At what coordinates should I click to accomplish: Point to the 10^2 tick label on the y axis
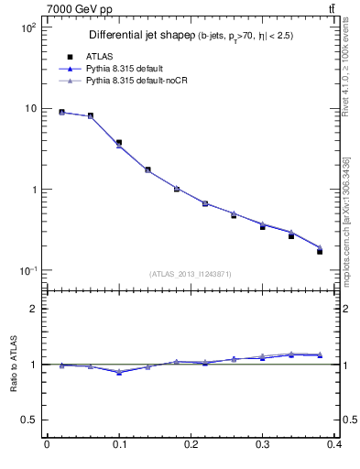[27, 27]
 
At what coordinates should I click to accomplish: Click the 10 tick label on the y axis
[29, 108]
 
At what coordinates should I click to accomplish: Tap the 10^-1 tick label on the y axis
[27, 271]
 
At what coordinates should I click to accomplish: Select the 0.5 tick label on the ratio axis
[28, 420]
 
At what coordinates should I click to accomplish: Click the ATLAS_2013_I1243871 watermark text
[191, 275]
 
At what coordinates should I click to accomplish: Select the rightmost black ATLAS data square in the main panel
[320, 251]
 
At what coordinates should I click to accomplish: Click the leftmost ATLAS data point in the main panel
[61, 112]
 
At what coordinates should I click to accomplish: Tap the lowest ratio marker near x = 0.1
[119, 372]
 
